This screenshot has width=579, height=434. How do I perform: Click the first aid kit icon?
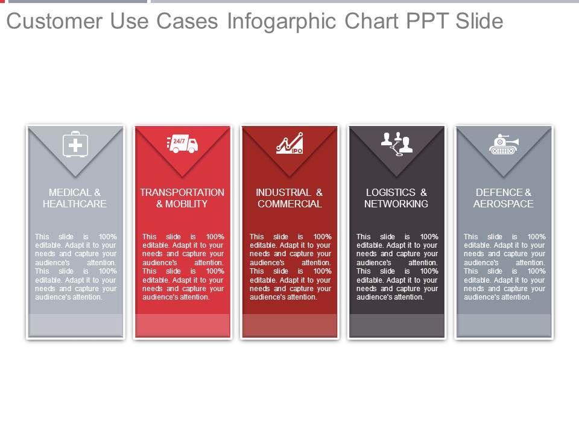(75, 144)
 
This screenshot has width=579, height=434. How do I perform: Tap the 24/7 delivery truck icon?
(182, 143)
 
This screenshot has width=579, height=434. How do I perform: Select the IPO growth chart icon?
(290, 143)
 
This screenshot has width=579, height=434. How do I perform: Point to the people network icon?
(397, 144)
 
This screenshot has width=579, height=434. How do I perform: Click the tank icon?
(504, 144)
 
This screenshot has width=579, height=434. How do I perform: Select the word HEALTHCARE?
(75, 204)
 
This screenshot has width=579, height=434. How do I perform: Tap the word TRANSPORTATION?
(182, 192)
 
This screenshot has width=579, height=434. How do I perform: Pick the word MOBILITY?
(186, 204)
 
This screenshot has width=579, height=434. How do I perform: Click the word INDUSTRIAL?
(283, 192)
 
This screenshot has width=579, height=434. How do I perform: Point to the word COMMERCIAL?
(289, 204)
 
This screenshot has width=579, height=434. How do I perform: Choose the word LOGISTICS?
(391, 192)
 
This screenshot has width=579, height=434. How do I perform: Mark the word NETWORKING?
(396, 204)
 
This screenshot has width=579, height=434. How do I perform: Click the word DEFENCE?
(499, 192)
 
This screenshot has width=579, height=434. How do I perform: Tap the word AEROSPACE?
(503, 204)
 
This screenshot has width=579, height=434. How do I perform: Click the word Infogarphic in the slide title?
(282, 22)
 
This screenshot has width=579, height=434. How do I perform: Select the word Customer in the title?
(54, 21)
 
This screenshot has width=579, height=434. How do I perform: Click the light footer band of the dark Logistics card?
(397, 325)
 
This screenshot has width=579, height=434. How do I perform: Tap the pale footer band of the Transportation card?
(182, 325)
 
